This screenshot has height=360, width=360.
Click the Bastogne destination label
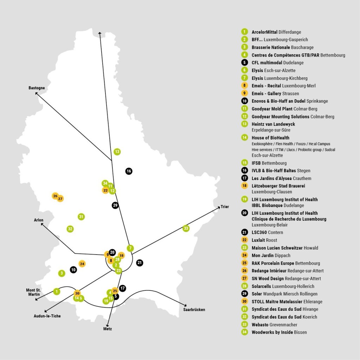tap(37, 88)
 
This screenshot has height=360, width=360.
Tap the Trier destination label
tap(225, 207)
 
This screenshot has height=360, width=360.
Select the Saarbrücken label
tap(194, 310)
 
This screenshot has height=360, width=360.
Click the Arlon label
tap(39, 220)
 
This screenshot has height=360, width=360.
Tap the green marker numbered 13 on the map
tap(117, 152)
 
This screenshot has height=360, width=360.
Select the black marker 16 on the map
tap(129, 171)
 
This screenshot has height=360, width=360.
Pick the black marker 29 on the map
tap(115, 205)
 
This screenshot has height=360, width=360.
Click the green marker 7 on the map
tap(130, 248)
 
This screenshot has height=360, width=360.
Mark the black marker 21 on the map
tap(140, 262)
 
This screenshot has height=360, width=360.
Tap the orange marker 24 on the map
tap(82, 264)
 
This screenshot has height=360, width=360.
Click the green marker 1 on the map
tap(56, 291)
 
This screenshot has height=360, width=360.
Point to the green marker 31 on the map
tap(81, 217)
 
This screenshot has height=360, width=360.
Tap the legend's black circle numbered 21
tap(244, 232)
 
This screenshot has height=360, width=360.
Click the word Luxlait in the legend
tap(259, 240)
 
